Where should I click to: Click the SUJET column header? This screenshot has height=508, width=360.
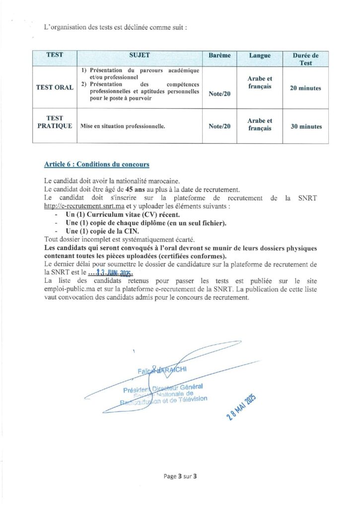click(140, 55)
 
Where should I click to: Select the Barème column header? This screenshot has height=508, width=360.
click(219, 56)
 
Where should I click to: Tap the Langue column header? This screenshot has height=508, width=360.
click(260, 56)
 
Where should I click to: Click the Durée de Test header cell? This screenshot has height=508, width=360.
click(305, 59)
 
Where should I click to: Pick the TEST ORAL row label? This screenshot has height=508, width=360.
click(55, 88)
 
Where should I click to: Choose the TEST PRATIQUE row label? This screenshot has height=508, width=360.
click(55, 122)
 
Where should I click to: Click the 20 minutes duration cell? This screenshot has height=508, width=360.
click(305, 88)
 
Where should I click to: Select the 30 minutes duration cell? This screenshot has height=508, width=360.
click(305, 127)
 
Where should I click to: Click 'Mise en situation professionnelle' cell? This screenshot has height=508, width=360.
click(122, 127)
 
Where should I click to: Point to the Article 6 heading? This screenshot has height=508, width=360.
click(96, 164)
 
